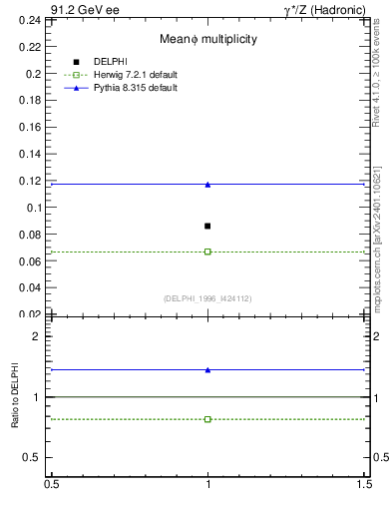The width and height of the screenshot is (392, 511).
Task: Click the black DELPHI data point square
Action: [x=207, y=227]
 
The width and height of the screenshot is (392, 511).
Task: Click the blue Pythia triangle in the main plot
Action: [x=207, y=184]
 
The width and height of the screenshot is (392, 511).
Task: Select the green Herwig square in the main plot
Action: [x=207, y=252]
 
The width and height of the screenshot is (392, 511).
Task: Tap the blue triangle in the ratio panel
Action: [x=207, y=369]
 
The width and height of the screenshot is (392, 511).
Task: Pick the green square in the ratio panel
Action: [x=207, y=419]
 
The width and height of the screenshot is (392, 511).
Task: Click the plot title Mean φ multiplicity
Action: [x=208, y=38]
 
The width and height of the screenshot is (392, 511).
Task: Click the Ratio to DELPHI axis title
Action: [x=15, y=396]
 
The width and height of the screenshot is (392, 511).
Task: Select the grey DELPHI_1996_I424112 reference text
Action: [x=207, y=298]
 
